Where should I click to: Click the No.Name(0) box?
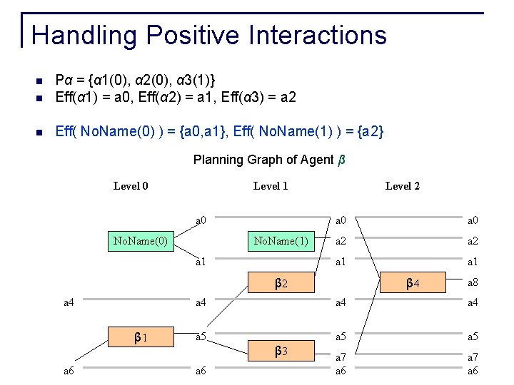pyautogui.click(x=141, y=241)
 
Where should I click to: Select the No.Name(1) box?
pyautogui.click(x=281, y=241)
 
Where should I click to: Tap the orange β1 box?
pyautogui.click(x=141, y=336)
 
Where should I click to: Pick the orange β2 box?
pyautogui.click(x=281, y=283)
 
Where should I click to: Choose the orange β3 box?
pyautogui.click(x=281, y=351)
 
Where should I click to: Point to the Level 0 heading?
pyautogui.click(x=131, y=187)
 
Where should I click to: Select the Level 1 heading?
pyautogui.click(x=271, y=187)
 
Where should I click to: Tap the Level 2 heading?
pyautogui.click(x=403, y=187)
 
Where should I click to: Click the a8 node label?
pyautogui.click(x=473, y=282)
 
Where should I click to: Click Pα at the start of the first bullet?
pyautogui.click(x=64, y=78)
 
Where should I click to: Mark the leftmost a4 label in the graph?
pyautogui.click(x=69, y=303)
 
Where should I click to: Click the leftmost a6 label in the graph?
pyautogui.click(x=69, y=371)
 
